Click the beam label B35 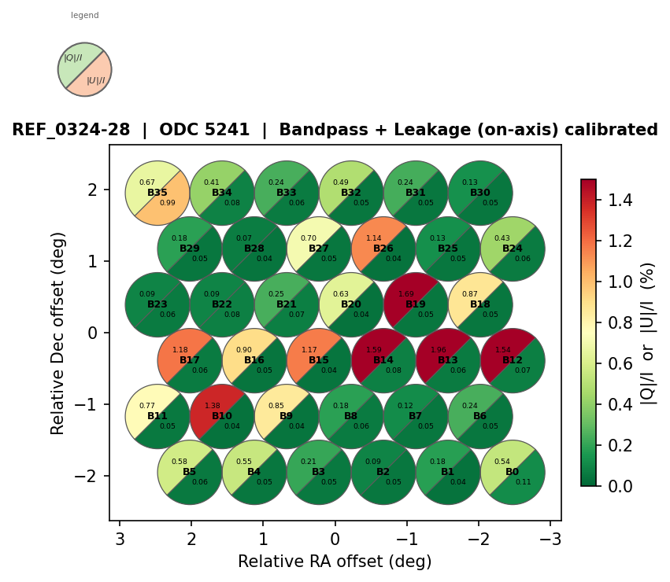(157, 193)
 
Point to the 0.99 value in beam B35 (168, 203)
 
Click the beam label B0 (513, 472)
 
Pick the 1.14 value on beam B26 (374, 238)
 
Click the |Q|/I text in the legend (73, 58)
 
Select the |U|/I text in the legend (95, 80)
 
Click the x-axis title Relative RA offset (335, 562)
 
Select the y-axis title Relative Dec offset (58, 333)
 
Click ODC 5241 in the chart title (204, 130)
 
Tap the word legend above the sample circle (85, 16)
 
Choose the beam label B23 (157, 304)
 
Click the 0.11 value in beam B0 (523, 481)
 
